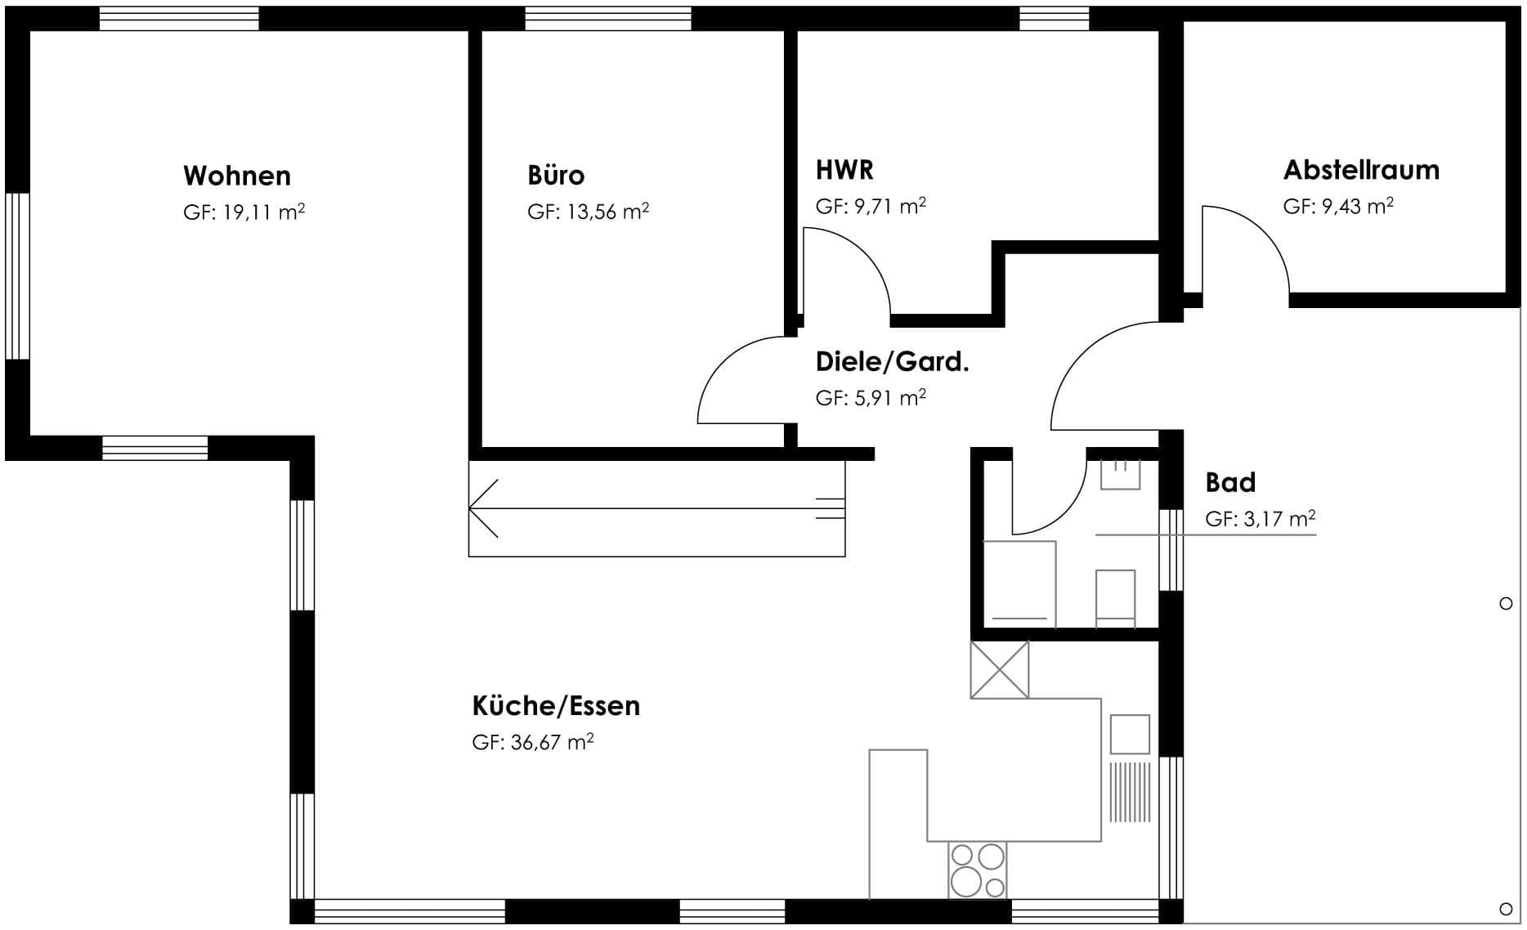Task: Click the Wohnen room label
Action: click(237, 176)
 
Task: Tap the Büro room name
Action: click(556, 176)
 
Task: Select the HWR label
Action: click(844, 170)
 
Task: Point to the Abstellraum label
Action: click(1361, 170)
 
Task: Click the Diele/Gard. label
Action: click(893, 362)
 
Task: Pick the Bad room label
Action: click(1230, 482)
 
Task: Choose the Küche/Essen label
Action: click(556, 705)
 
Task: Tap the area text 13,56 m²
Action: click(608, 212)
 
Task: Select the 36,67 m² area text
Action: click(552, 742)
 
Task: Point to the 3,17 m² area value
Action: click(1279, 519)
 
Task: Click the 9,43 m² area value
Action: click(1357, 206)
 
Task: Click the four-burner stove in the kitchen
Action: click(978, 870)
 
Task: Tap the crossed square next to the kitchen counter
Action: click(1000, 669)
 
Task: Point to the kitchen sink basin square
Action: click(1130, 734)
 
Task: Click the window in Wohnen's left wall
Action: click(17, 276)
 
